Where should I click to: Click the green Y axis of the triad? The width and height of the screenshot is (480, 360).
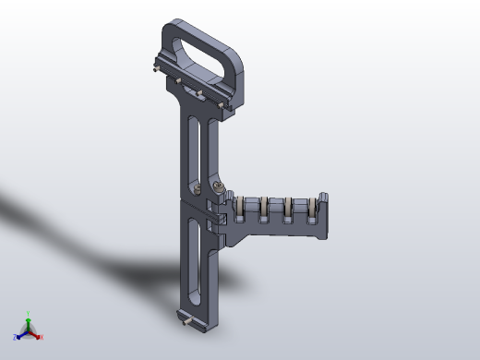click(28, 318)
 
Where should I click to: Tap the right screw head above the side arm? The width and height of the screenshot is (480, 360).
click(218, 187)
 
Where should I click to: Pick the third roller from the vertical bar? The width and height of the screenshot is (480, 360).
click(289, 210)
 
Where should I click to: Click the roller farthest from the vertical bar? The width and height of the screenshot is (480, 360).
click(312, 211)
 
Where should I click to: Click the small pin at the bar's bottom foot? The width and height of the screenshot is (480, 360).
click(190, 323)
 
